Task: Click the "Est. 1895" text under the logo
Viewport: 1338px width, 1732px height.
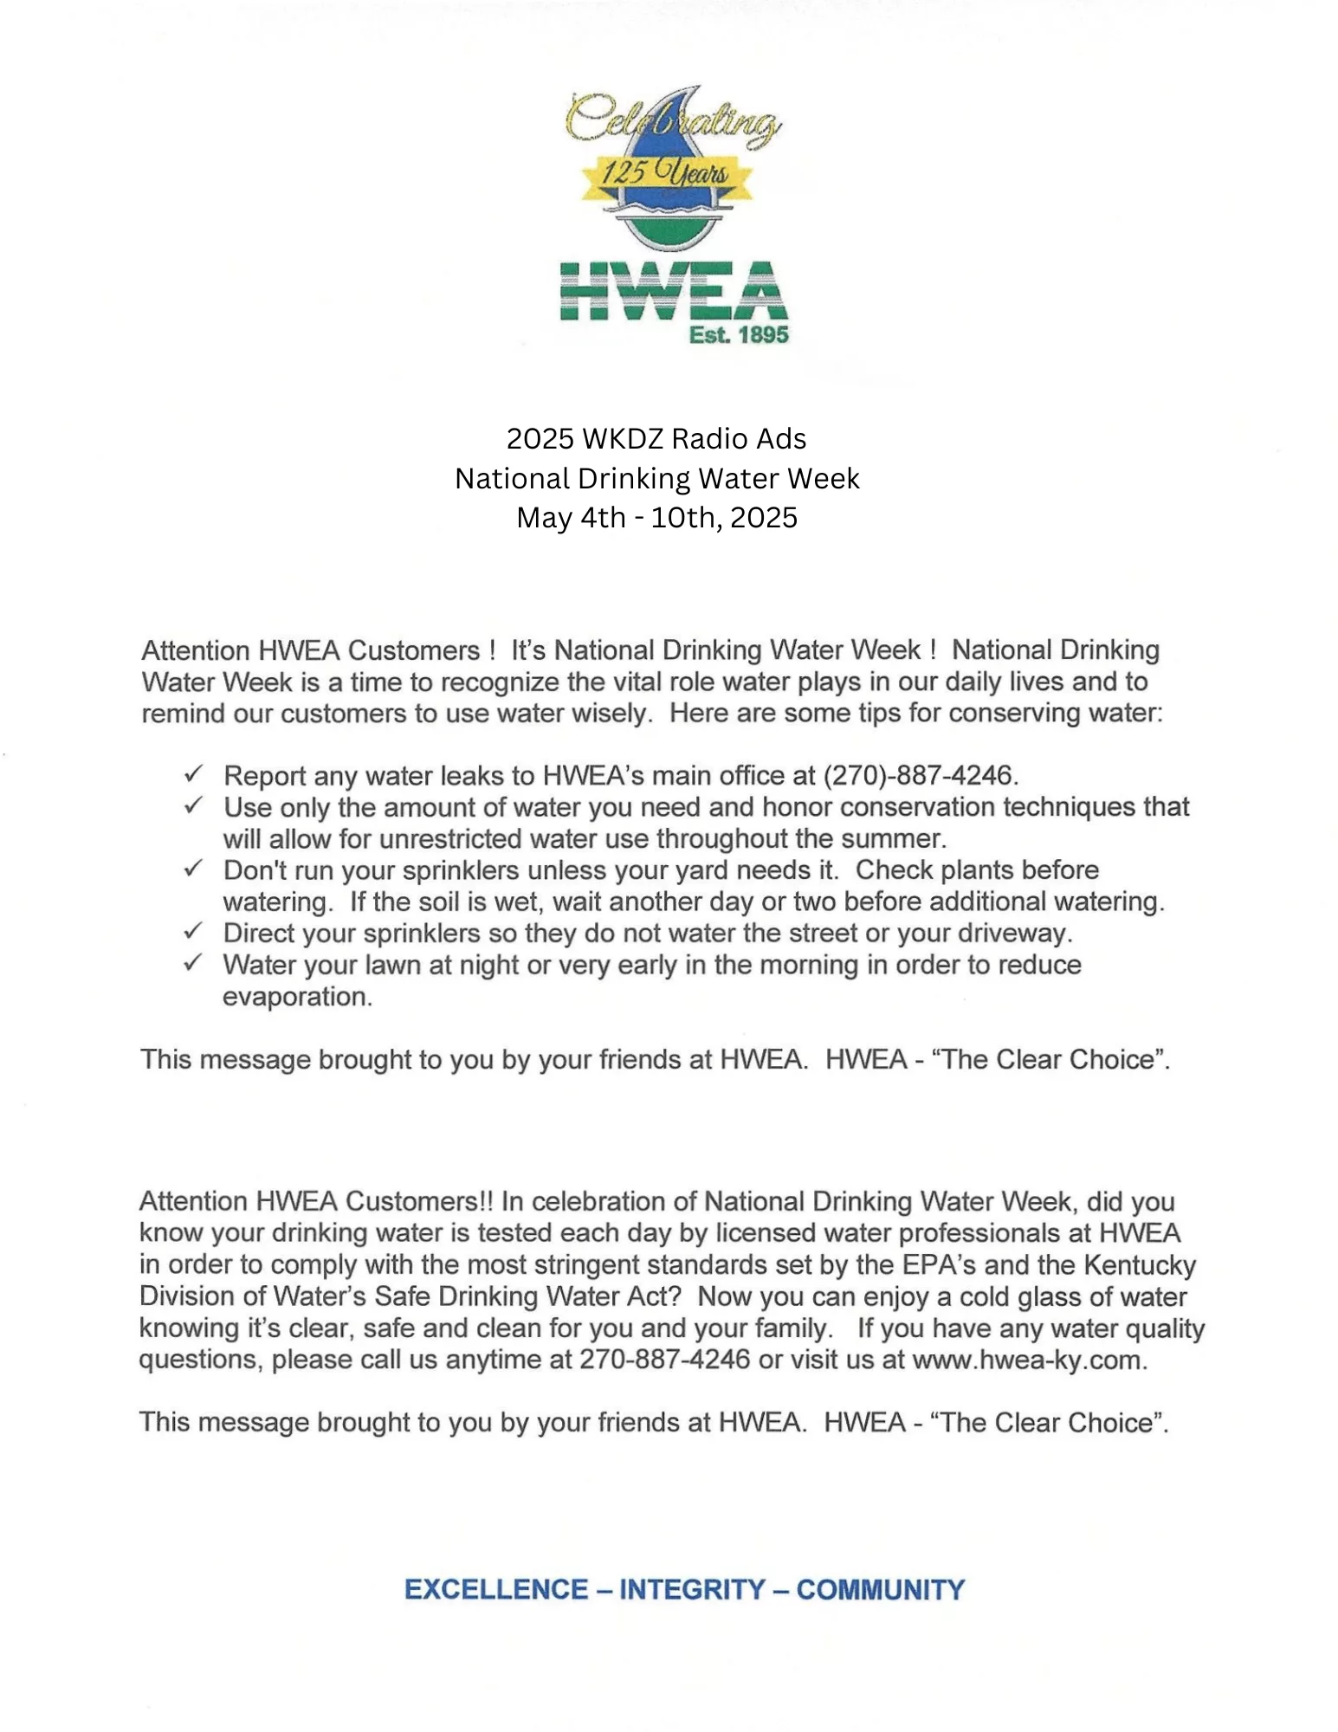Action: point(739,335)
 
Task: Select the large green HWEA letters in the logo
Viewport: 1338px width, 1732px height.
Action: point(673,291)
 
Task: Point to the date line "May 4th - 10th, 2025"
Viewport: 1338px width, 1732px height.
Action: point(656,518)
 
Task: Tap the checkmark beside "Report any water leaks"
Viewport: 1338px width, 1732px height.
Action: point(194,772)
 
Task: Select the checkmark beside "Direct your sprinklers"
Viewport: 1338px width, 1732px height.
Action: point(194,931)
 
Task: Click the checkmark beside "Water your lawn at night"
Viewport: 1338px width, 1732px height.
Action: point(194,962)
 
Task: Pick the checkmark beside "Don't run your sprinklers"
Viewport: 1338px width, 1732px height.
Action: point(194,868)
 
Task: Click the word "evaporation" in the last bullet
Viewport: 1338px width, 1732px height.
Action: point(296,997)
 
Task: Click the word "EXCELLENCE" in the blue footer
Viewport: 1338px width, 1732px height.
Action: point(496,1590)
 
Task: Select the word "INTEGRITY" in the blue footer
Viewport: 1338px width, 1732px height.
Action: point(692,1590)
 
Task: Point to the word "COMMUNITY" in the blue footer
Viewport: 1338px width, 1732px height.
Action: point(880,1590)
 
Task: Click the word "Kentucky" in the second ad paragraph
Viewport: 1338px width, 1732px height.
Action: point(1140,1265)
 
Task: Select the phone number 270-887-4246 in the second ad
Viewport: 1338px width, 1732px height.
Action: point(664,1360)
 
